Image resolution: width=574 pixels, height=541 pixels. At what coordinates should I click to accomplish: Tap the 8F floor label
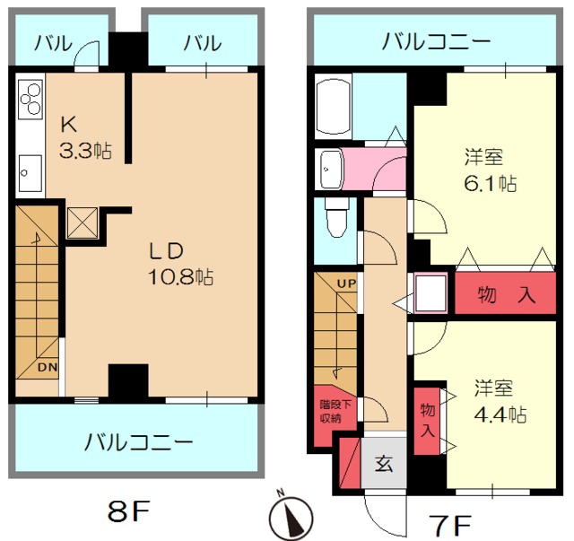pyautogui.click(x=129, y=511)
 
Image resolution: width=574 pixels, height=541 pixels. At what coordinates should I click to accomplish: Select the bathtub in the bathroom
pyautogui.click(x=333, y=106)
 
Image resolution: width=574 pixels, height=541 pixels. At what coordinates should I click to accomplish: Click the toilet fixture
pyautogui.click(x=336, y=218)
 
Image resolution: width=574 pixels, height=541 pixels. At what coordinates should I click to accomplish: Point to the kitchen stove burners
pyautogui.click(x=30, y=99)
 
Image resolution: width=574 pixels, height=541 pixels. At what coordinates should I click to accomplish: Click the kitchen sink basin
pyautogui.click(x=30, y=173)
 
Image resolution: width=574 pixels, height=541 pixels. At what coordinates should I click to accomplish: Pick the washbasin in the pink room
pyautogui.click(x=331, y=170)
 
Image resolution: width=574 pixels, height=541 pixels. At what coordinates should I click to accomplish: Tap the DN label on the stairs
pyautogui.click(x=48, y=367)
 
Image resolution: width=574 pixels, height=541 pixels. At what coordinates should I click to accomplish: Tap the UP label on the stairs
pyautogui.click(x=346, y=284)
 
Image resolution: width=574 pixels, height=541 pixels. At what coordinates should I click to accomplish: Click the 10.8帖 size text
pyautogui.click(x=181, y=277)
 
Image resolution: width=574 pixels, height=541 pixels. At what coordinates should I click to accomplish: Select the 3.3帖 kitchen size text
pyautogui.click(x=86, y=150)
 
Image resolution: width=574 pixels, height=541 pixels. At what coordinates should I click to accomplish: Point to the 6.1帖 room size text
pyautogui.click(x=491, y=183)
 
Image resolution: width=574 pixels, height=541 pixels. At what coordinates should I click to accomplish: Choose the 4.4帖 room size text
pyautogui.click(x=500, y=414)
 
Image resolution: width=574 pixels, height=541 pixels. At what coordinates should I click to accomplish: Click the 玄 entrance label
pyautogui.click(x=384, y=463)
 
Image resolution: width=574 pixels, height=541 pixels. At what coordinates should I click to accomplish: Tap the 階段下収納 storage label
pyautogui.click(x=335, y=411)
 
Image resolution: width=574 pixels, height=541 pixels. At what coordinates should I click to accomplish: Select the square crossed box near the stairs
pyautogui.click(x=83, y=223)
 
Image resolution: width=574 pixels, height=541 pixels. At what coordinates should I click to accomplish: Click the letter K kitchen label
pyautogui.click(x=69, y=125)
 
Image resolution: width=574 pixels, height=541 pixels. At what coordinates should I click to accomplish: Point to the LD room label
pyautogui.click(x=167, y=251)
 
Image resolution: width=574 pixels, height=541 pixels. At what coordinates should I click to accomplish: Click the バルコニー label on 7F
pyautogui.click(x=436, y=41)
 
